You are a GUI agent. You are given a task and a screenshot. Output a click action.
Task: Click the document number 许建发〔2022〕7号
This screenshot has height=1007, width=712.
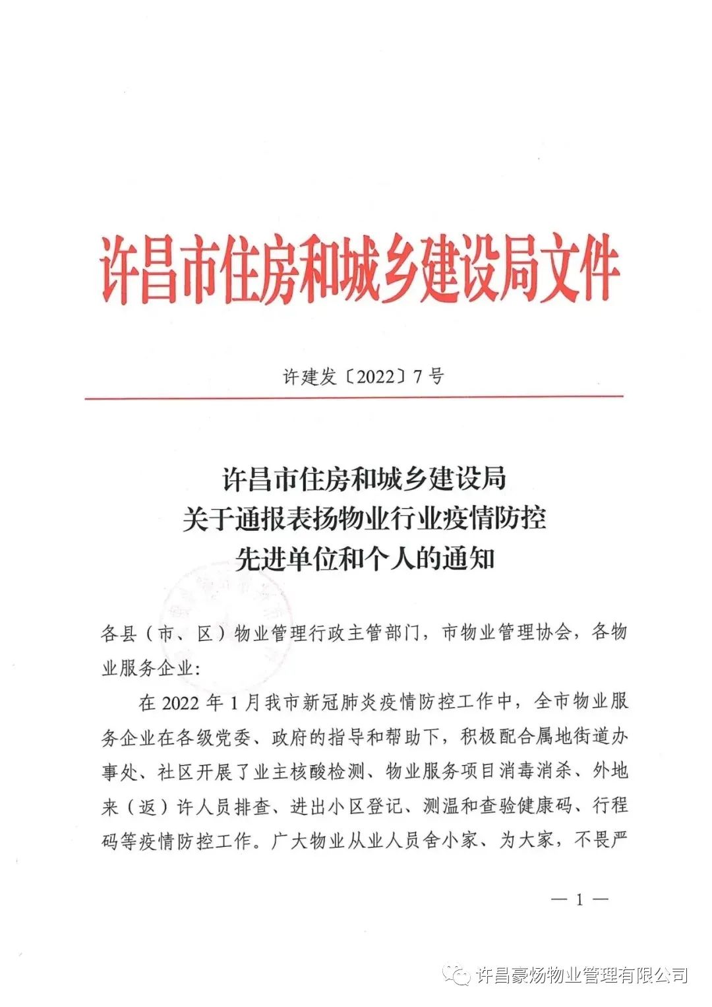tap(363, 377)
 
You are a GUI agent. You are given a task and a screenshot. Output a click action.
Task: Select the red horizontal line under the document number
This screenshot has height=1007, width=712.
tap(354, 398)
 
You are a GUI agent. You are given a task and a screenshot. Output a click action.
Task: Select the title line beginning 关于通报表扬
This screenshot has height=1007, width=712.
tap(365, 519)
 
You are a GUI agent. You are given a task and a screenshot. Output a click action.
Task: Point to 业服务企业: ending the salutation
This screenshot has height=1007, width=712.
tap(151, 668)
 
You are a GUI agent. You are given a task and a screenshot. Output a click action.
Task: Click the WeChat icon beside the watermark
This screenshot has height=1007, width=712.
tap(456, 975)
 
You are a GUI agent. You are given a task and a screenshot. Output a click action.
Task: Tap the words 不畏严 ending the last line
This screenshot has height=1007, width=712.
tap(601, 841)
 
